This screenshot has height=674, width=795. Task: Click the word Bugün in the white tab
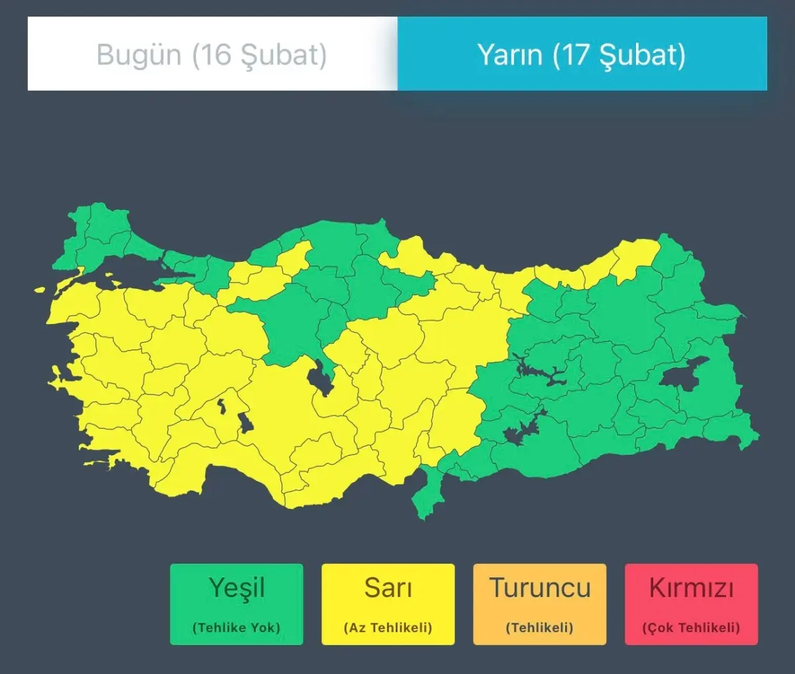[x=138, y=54]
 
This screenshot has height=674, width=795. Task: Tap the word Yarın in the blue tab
[x=509, y=54]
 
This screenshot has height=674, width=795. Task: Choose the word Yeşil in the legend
[x=237, y=588]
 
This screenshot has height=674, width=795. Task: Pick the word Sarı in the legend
[x=388, y=588]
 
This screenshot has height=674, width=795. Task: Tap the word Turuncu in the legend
[x=540, y=588]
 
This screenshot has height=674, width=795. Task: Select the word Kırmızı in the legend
[x=691, y=588]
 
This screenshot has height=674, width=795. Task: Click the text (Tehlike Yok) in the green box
[x=237, y=627]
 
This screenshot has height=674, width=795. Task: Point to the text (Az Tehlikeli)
[x=388, y=627]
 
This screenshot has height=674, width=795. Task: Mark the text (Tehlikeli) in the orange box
[x=540, y=627]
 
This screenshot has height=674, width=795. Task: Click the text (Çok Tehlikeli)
[x=691, y=627]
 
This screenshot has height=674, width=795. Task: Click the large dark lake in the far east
[x=684, y=373]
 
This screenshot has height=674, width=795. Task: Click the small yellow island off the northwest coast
[x=40, y=290]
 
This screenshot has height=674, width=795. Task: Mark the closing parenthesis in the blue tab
[x=680, y=54]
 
